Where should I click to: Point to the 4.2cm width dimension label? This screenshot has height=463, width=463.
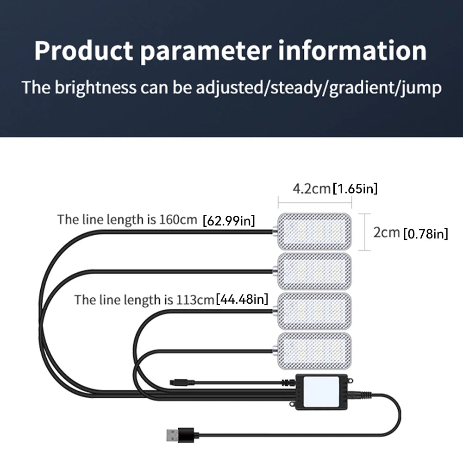click(x=311, y=188)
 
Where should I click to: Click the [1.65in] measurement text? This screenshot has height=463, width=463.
click(x=355, y=188)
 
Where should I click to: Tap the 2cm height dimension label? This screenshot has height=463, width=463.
click(x=387, y=232)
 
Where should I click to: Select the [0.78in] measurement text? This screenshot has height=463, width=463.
click(x=425, y=234)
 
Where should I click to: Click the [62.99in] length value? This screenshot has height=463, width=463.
click(x=229, y=221)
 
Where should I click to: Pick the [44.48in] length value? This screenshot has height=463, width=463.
click(x=242, y=299)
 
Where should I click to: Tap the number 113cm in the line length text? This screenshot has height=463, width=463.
click(x=195, y=300)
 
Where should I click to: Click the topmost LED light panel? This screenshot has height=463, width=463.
click(x=314, y=231)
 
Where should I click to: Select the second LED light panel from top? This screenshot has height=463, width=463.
click(x=314, y=271)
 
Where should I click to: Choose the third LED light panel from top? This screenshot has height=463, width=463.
click(x=314, y=311)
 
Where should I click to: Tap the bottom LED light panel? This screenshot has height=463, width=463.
click(x=314, y=350)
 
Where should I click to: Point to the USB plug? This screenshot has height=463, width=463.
click(x=178, y=435)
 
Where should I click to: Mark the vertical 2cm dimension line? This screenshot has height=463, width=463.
click(x=370, y=231)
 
